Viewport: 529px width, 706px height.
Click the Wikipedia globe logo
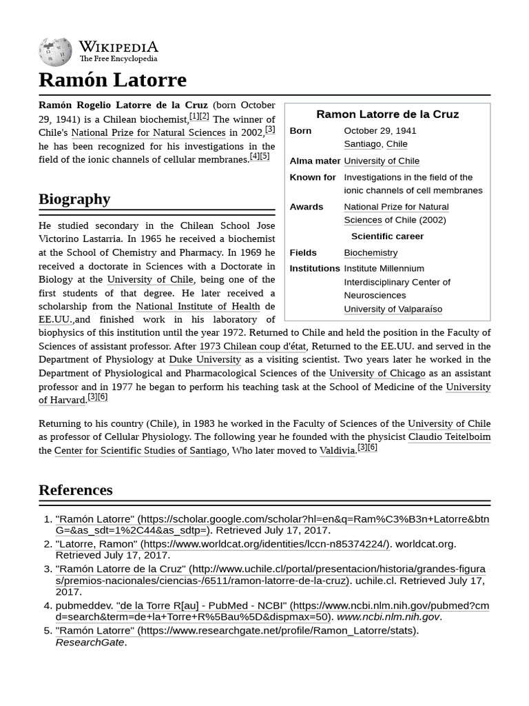tap(56, 52)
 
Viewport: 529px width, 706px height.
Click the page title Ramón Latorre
tap(112, 80)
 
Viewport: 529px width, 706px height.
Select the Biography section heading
tap(74, 199)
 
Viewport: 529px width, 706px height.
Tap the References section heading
tap(76, 490)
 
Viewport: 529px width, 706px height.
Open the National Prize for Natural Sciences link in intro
tap(148, 133)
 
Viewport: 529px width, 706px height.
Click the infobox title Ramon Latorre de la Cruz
tap(387, 114)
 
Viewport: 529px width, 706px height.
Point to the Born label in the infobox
tap(300, 131)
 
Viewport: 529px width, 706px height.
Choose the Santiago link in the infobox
tap(362, 144)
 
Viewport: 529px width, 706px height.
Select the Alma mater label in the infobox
tap(315, 161)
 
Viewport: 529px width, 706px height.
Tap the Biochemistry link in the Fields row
tap(371, 253)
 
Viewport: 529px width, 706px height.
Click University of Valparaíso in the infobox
tap(393, 310)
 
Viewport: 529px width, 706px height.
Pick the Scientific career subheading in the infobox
tap(387, 236)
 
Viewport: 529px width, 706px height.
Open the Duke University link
tap(205, 360)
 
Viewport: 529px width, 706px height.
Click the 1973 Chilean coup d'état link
tap(252, 347)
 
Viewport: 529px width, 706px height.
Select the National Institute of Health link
tap(198, 307)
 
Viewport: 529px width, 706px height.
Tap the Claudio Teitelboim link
tap(449, 438)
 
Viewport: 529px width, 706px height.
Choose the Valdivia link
tap(338, 451)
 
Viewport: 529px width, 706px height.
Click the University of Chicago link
tap(377, 374)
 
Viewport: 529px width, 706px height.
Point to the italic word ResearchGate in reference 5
tap(90, 643)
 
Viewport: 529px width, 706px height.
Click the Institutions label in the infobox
tap(315, 269)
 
